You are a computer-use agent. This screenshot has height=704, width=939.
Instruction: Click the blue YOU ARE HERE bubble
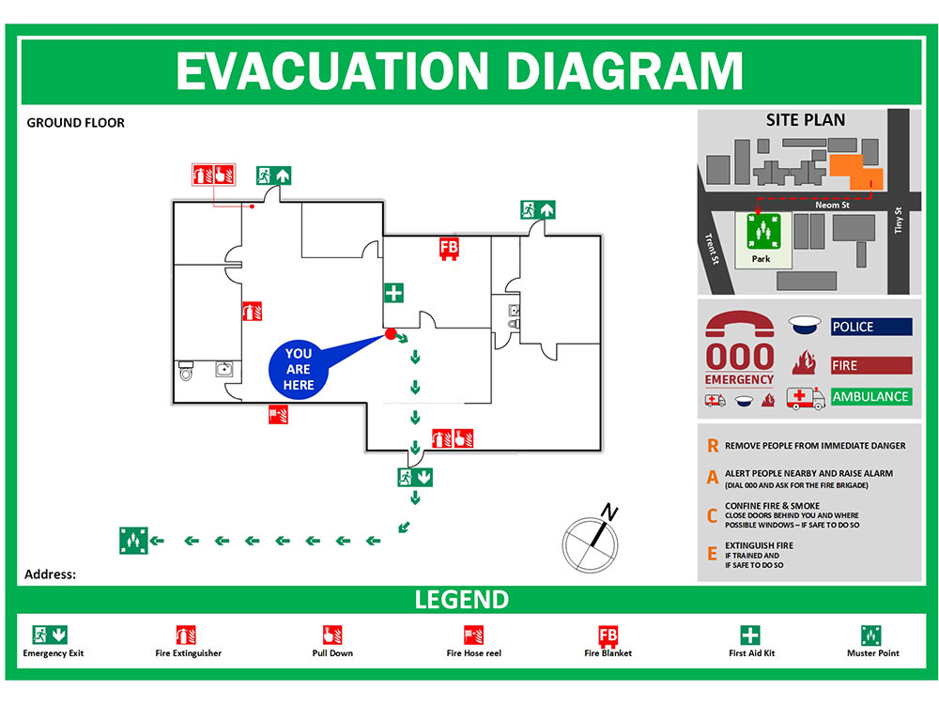(x=299, y=369)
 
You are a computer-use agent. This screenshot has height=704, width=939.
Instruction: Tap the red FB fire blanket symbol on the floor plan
(x=449, y=249)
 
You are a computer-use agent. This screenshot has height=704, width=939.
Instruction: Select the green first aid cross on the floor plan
(x=393, y=293)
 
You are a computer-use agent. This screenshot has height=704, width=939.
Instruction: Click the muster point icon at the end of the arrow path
(x=133, y=541)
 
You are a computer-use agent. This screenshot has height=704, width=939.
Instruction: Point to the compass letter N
(x=609, y=512)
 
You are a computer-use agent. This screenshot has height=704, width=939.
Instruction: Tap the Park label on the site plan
(x=762, y=259)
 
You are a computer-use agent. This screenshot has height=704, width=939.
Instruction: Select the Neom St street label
(x=832, y=205)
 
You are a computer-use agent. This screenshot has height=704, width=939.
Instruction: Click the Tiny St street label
(x=898, y=220)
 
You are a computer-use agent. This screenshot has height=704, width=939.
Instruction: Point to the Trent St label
(x=712, y=249)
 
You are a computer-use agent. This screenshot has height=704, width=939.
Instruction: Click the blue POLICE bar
(x=871, y=327)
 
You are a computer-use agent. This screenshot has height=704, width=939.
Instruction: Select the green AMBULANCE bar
(x=871, y=396)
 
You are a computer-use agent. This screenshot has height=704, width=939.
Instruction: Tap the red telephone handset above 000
(x=740, y=324)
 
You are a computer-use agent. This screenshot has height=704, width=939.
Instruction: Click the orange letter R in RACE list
(x=713, y=446)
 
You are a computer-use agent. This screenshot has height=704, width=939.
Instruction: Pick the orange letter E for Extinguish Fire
(x=712, y=554)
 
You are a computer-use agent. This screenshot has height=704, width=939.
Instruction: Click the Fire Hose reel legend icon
(x=473, y=635)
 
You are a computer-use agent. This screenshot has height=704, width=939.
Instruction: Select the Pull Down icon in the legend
(x=332, y=635)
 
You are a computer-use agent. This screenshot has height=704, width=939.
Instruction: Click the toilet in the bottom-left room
(x=186, y=371)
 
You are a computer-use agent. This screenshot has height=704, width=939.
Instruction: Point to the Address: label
(x=51, y=574)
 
